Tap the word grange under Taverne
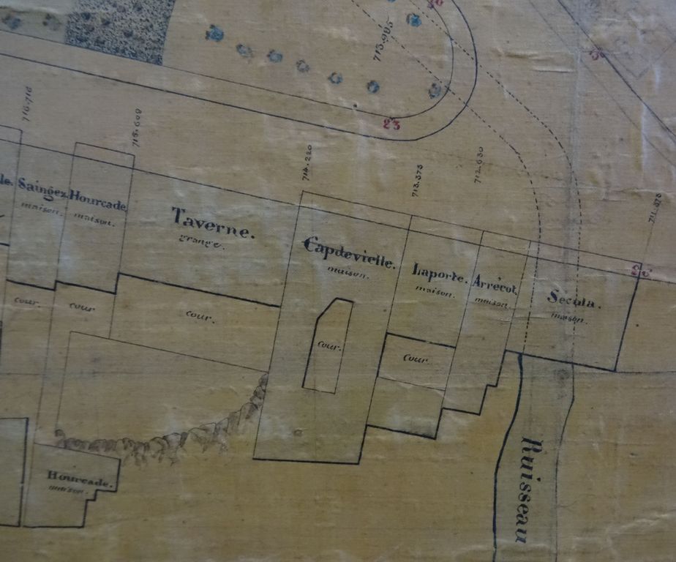point(200,243)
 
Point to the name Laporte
point(438,271)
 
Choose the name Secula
point(574,301)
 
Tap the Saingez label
point(42,188)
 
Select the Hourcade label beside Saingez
point(98,204)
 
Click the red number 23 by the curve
point(391,124)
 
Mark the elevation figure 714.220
point(307,162)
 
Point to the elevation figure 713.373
point(417,181)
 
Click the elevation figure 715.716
point(28,104)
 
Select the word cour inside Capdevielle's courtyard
point(328,345)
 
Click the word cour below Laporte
point(415,359)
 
